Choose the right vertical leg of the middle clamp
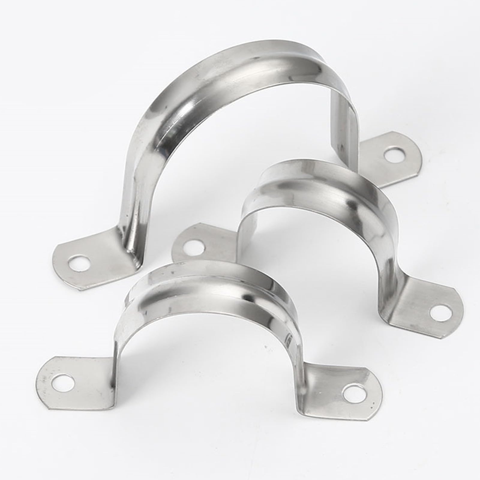pos(387,270)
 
